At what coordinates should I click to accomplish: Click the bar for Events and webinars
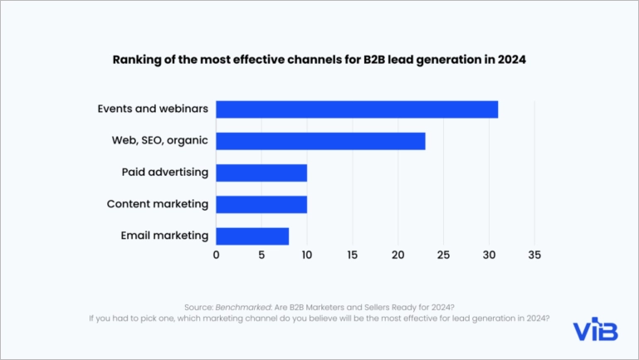pos(357,109)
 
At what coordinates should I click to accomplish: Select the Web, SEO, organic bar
pos(320,141)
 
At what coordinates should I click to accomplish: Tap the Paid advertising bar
pos(261,173)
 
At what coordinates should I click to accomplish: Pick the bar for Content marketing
pos(261,204)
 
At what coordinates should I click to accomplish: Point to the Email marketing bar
pos(252,236)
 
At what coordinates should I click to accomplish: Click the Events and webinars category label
pos(153,109)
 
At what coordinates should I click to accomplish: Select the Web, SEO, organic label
pos(160,141)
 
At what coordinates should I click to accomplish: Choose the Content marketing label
pos(158,204)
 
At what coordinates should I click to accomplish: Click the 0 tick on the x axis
pos(217,255)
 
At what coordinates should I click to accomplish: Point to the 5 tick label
pos(261,255)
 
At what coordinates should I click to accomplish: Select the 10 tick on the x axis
pos(307,255)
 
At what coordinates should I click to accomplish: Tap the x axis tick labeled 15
pos(353,255)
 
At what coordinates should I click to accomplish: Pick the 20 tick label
pos(398,255)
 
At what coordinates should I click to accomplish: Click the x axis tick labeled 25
pos(443,255)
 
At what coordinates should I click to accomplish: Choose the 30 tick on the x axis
pos(489,255)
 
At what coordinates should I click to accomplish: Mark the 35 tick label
pos(534,255)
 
